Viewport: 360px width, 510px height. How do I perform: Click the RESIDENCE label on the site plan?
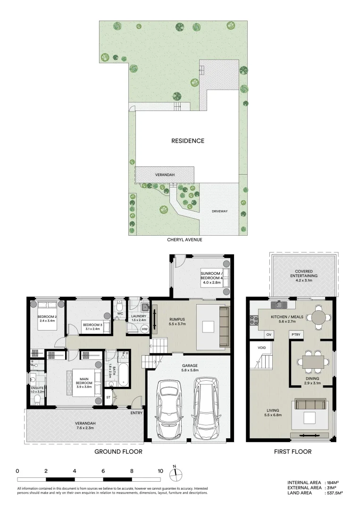(188, 141)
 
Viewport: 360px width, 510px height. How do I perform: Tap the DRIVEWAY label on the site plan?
(220, 211)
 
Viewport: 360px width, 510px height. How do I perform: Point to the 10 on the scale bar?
(160, 471)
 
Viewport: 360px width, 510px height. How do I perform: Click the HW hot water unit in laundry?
(144, 329)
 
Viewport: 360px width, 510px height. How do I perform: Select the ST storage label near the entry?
(108, 398)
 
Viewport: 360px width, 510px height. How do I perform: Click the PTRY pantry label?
(296, 334)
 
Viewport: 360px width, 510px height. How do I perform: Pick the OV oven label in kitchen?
(270, 334)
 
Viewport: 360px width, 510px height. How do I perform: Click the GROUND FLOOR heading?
(118, 451)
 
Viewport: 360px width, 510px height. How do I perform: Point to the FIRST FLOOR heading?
(293, 451)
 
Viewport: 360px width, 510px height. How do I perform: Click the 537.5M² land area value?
(334, 493)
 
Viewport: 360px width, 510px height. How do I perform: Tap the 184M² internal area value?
(333, 482)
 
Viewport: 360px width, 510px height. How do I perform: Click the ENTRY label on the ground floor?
(137, 413)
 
